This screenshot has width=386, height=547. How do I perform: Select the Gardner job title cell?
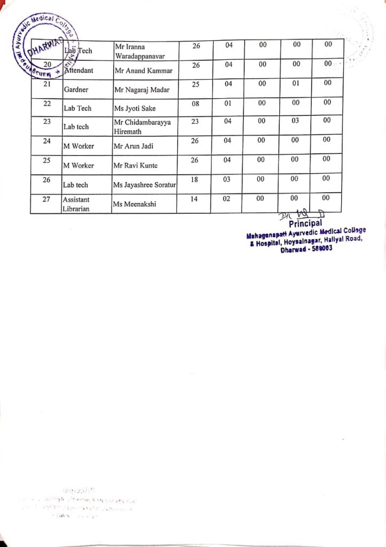point(76,90)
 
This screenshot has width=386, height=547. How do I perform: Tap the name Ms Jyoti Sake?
point(134,108)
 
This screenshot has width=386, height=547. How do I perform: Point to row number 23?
point(46,121)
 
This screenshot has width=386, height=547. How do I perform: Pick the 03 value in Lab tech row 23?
point(297,121)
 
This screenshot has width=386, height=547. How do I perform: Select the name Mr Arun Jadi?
point(133,146)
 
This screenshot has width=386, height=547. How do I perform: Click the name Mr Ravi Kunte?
point(136,166)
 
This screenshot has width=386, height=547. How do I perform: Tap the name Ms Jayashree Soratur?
point(145,185)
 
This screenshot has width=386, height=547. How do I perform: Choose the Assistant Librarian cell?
point(76,204)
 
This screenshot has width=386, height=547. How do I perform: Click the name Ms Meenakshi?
point(134,204)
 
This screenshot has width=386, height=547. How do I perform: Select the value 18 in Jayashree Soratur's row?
point(194,179)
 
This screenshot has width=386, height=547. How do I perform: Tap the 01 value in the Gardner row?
point(297,83)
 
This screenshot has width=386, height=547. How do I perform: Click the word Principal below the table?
point(305,223)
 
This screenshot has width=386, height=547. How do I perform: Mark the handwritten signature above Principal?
point(300,214)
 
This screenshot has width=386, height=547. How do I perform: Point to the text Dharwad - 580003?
point(306,248)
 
